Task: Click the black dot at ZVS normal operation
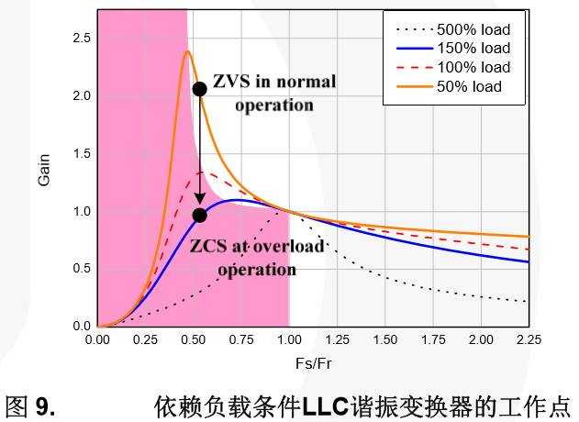(x=199, y=89)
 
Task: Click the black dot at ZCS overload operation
(x=199, y=216)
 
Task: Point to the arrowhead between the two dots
(x=199, y=202)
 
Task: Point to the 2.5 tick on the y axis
(x=81, y=39)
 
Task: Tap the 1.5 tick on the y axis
(x=81, y=154)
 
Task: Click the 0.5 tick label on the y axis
(x=81, y=269)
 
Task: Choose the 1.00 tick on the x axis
(x=289, y=340)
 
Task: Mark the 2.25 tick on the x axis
(x=529, y=340)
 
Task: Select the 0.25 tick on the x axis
(x=145, y=340)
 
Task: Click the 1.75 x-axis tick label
(x=433, y=340)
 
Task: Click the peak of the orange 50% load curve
(x=187, y=51)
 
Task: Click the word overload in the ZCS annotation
(x=291, y=248)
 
